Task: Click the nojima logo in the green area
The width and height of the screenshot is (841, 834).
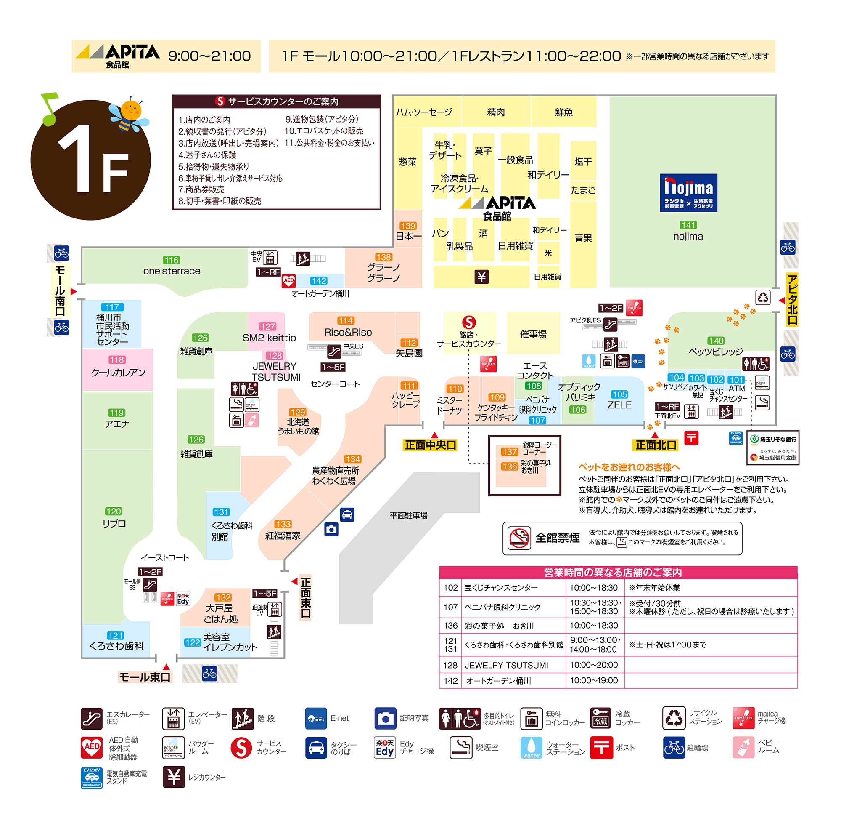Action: [688, 192]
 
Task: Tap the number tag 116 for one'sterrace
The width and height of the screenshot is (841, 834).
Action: [171, 260]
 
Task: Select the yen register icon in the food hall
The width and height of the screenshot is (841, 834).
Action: [481, 277]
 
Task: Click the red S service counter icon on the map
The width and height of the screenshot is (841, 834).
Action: [468, 322]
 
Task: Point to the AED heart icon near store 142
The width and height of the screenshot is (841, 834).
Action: [288, 281]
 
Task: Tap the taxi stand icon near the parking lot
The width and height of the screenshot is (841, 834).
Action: [347, 514]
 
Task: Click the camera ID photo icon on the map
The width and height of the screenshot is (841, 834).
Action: [331, 529]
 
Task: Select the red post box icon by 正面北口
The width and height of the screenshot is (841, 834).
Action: [691, 437]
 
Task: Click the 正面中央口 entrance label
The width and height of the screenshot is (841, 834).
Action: [430, 445]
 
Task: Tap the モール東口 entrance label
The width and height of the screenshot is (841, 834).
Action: [145, 677]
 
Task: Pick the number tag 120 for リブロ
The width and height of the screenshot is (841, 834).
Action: [113, 511]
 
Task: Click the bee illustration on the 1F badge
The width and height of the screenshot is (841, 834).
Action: [129, 114]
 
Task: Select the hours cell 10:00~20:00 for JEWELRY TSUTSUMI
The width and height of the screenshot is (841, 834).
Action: [594, 665]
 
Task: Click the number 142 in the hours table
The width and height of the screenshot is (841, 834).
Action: [450, 681]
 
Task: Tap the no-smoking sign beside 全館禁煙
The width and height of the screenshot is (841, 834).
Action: [519, 538]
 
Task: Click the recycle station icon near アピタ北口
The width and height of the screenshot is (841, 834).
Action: [763, 298]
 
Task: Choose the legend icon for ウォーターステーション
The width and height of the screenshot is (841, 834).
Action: [531, 748]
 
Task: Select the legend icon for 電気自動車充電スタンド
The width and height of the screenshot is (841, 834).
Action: [91, 778]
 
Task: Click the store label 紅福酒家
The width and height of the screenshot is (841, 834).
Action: [283, 536]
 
